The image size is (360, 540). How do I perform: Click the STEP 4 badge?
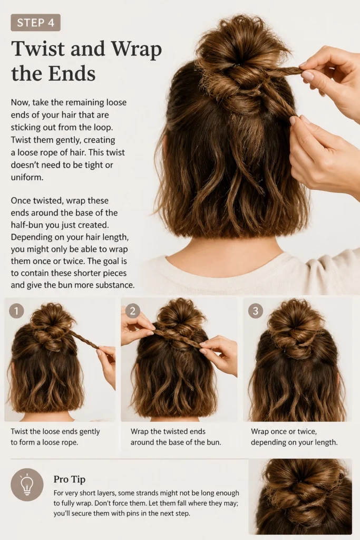coord(35,23)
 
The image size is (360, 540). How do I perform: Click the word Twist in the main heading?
coord(38,49)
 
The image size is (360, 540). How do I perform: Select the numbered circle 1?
coord(16,311)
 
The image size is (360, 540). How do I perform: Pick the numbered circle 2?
coord(132,311)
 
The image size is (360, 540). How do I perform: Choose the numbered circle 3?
coord(255,311)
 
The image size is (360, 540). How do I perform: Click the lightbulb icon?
coord(27,485)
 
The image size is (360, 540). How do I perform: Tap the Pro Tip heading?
coord(69,479)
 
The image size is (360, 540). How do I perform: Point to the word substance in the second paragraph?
coord(116,285)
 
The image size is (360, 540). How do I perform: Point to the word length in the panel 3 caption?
coord(326,442)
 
